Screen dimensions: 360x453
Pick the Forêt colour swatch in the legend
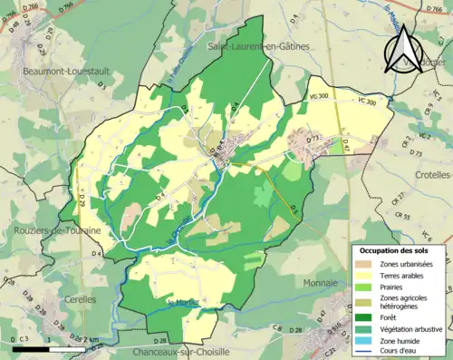click(365, 318)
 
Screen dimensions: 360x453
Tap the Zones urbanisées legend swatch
click(365, 263)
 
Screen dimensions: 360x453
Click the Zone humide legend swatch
click(365, 340)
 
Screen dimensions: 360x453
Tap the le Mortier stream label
click(183, 302)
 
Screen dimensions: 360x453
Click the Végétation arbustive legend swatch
click(365, 329)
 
